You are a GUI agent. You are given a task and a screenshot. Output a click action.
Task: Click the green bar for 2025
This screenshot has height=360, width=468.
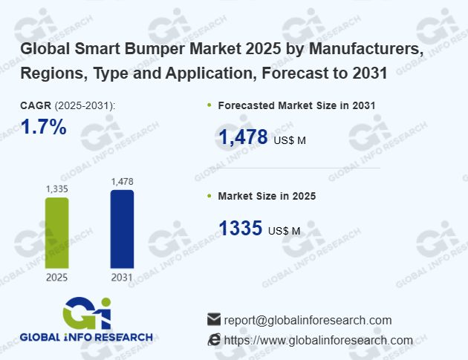coord(57,232)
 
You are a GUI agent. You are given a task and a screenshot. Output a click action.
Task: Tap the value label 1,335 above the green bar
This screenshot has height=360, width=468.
coord(57,189)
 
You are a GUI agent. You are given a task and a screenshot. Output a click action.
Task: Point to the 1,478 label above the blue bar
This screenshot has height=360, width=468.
coord(122,182)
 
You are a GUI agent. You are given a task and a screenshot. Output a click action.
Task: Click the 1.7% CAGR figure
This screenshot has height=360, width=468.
coord(44,128)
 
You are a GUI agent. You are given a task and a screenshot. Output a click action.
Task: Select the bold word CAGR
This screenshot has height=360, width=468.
coord(36,105)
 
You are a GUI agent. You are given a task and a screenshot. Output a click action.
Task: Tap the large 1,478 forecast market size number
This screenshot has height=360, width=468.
coord(243,137)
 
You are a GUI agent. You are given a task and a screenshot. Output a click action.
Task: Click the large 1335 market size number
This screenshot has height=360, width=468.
coord(240,228)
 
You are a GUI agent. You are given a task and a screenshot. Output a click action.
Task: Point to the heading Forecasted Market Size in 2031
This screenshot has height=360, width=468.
coord(296,105)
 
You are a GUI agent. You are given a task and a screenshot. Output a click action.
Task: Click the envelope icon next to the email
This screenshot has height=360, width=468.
coord(214,320)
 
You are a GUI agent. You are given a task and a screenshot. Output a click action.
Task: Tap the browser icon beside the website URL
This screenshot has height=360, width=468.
coord(214,340)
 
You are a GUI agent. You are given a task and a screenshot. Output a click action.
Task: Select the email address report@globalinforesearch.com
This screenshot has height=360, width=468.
coord(308,320)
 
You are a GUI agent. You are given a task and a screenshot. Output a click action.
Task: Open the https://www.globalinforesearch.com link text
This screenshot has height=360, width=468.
coord(318,340)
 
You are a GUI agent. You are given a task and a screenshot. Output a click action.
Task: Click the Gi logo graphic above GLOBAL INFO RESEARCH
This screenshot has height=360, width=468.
coord(87,313)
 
